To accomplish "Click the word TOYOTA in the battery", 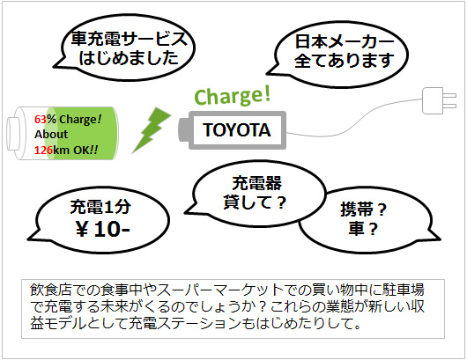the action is [237, 130].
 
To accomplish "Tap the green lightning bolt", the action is [152, 130].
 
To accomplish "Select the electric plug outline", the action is [439, 100].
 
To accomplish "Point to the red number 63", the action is [41, 120].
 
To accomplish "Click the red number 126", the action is [43, 150].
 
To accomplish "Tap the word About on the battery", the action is [51, 134].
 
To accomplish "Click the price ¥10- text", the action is [103, 229].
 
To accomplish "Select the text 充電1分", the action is [100, 207].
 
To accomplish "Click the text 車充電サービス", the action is [129, 39].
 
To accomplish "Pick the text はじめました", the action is [129, 58].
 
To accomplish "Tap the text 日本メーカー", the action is [345, 41].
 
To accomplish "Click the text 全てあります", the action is [345, 61].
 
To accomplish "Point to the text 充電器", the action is [256, 183].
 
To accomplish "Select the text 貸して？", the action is [255, 202].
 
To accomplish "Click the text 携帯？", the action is [364, 209].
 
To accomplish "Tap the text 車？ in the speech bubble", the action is [363, 229].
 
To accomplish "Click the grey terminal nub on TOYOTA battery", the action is [183, 130].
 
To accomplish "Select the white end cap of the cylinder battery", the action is [12, 134].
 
